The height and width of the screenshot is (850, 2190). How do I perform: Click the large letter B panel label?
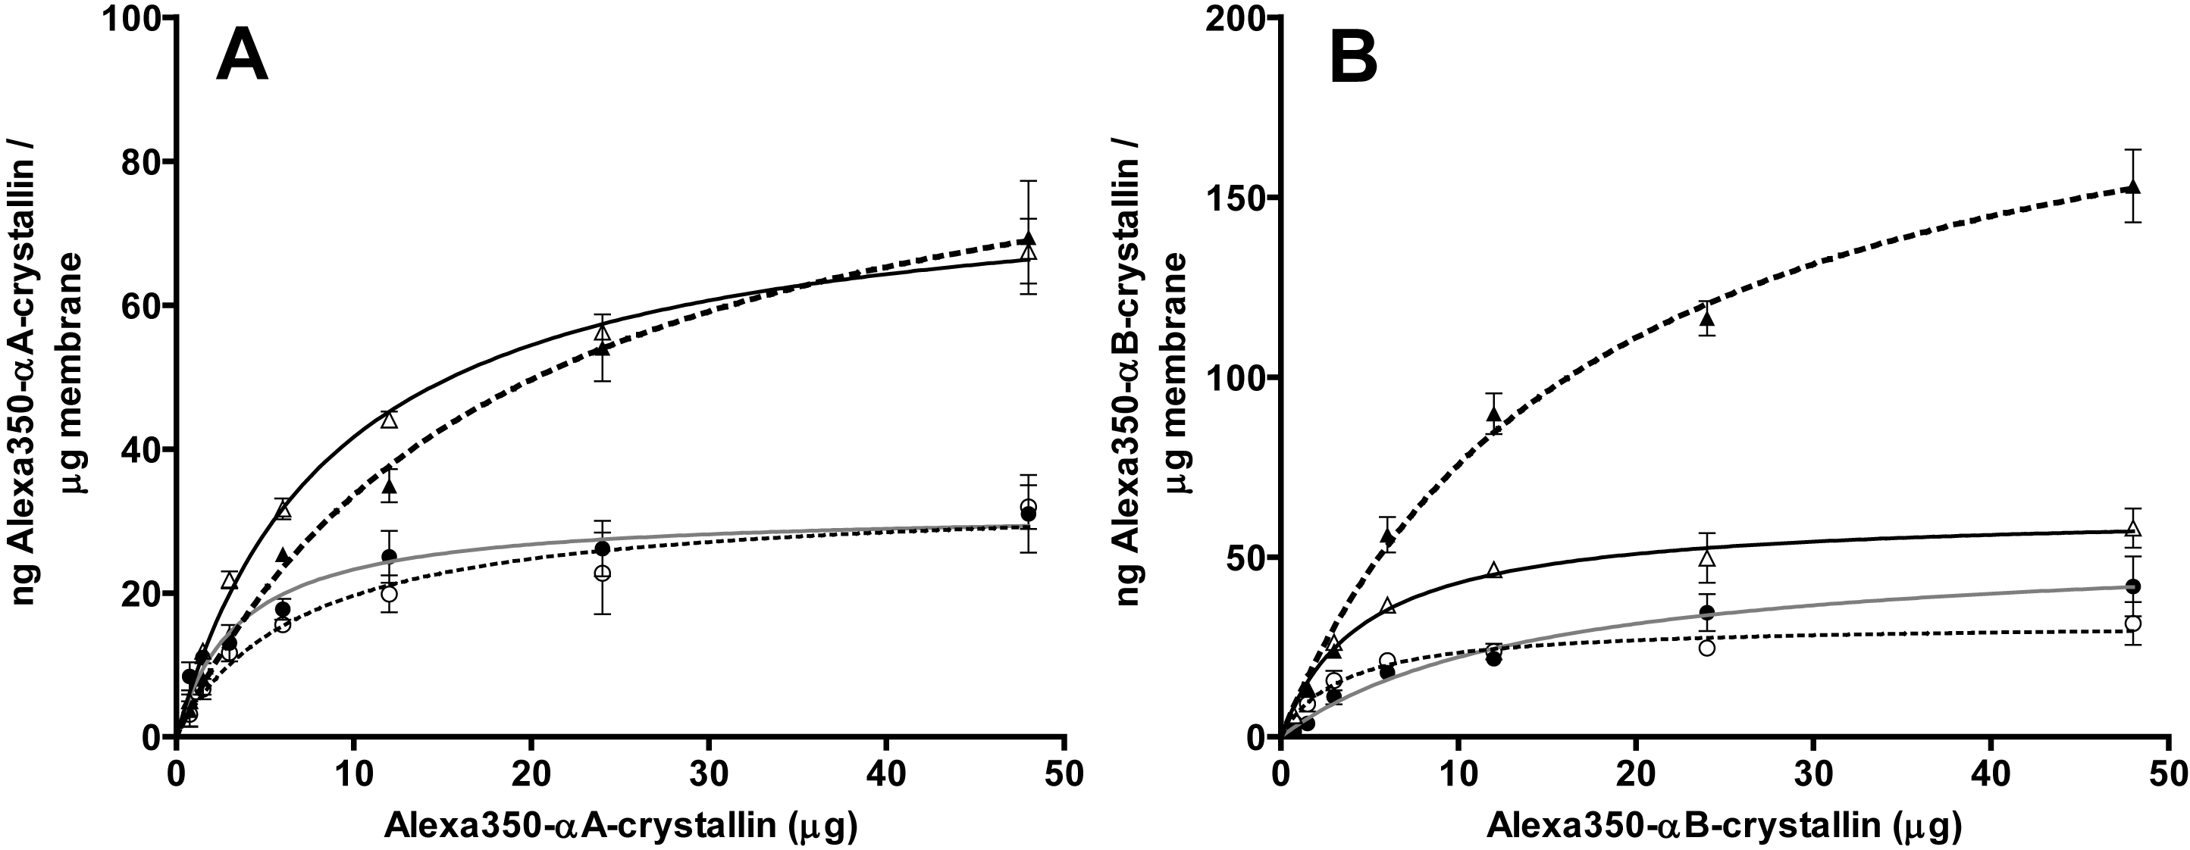pos(1353,56)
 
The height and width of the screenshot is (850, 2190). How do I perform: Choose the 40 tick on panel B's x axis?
pos(1991,775)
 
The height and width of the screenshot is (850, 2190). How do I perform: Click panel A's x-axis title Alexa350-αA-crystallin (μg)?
pos(620,825)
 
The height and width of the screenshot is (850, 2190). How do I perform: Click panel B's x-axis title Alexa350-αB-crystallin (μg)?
pos(1724,825)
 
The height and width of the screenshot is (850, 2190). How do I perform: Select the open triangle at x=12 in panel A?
pos(390,419)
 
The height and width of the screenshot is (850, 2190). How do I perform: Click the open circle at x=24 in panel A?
pos(602,573)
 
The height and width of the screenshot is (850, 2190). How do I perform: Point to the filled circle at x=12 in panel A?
pos(390,557)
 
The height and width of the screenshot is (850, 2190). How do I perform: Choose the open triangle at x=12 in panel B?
pos(1495,570)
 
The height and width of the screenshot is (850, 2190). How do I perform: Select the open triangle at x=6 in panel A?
pos(283,510)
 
